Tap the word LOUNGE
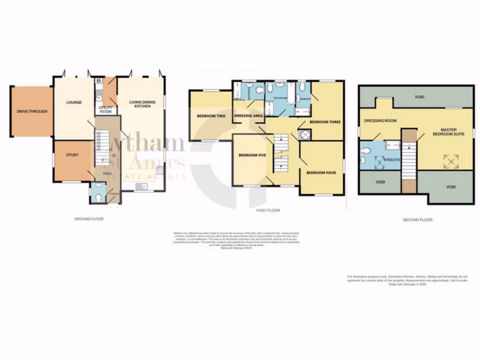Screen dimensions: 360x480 (x=74, y=102)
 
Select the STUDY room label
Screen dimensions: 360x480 (x=72, y=155)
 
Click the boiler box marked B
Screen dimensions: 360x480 (x=98, y=82)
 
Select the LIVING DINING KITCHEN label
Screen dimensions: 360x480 (x=140, y=105)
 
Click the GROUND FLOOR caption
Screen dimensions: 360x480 (x=89, y=219)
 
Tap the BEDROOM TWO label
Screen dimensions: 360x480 (x=209, y=116)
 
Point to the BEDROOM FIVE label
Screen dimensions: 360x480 (x=252, y=155)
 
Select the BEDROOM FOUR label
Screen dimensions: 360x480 (x=321, y=172)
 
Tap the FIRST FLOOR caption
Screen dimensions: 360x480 (x=268, y=210)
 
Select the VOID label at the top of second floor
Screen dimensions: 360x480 (x=420, y=97)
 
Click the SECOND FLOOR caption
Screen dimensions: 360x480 (x=418, y=219)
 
